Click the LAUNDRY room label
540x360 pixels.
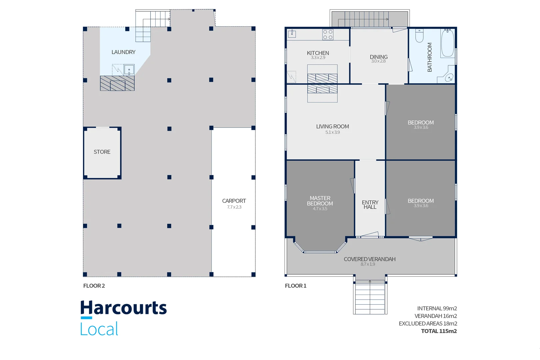123,52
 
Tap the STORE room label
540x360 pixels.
102,152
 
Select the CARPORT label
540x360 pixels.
234,201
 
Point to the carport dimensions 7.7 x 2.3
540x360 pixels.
234,207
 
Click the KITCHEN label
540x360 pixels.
318,53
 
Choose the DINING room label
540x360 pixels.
379,57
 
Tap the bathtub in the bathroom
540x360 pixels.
448,43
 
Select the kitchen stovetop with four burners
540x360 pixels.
328,34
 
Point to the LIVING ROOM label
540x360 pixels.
333,127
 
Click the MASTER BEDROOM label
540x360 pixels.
320,201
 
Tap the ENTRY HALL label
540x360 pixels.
370,205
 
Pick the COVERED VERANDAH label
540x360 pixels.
370,259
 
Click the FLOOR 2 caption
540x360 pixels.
94,286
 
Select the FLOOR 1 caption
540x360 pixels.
296,286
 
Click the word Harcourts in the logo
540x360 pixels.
123,308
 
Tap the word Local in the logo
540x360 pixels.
99,328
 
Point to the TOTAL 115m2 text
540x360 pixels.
439,331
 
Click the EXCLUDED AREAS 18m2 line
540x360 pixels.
428,324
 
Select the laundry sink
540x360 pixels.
129,70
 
